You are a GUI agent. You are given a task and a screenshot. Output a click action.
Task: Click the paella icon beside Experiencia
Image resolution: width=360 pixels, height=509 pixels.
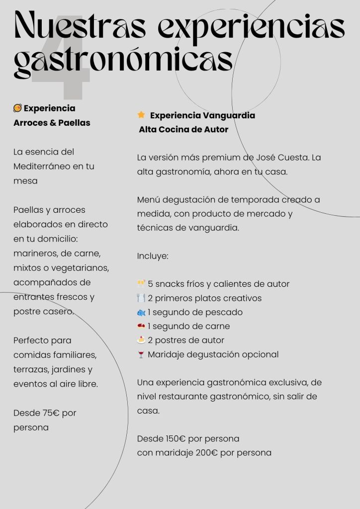click(x=17, y=108)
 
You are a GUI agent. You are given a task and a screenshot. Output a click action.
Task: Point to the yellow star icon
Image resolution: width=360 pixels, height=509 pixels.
click(x=141, y=115)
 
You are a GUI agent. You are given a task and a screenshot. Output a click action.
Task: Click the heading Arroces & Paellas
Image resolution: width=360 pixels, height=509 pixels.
click(x=52, y=122)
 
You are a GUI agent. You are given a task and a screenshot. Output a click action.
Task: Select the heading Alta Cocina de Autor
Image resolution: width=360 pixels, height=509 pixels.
click(x=183, y=130)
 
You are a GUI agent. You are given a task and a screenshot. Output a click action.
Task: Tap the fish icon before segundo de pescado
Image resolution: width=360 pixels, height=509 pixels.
click(x=141, y=313)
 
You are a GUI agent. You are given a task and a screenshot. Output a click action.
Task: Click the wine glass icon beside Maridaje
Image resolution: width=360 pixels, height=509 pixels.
click(x=141, y=355)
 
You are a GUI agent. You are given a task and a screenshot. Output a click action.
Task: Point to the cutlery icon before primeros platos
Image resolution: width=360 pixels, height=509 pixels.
click(x=141, y=298)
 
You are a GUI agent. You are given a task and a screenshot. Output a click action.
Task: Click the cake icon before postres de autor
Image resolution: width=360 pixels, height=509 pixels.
click(x=141, y=340)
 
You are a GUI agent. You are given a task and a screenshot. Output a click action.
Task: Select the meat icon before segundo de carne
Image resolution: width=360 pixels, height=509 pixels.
click(x=141, y=327)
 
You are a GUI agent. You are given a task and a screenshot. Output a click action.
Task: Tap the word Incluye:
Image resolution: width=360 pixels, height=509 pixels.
click(x=153, y=256)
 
